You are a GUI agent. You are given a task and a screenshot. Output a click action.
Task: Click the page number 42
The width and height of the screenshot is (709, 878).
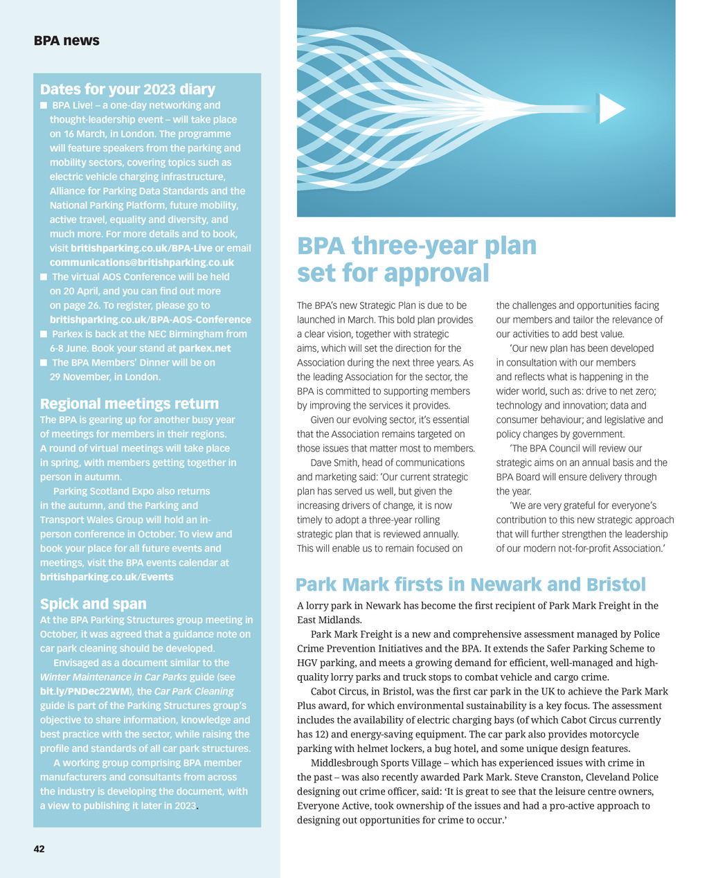[x=39, y=848]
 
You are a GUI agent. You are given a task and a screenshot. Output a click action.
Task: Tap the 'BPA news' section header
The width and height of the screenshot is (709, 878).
[x=66, y=41]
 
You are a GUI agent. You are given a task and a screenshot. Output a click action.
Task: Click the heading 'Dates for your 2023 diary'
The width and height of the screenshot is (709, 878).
[x=127, y=89]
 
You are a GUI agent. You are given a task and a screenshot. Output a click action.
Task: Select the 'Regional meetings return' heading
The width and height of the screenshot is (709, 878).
[x=129, y=404]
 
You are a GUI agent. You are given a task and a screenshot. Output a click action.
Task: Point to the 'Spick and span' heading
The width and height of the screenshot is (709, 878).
[x=93, y=604]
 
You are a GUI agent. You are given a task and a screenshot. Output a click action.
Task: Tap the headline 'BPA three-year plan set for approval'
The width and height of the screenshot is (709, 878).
[x=417, y=259]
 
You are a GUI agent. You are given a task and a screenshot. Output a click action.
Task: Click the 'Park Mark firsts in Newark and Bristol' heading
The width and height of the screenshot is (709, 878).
[x=471, y=584]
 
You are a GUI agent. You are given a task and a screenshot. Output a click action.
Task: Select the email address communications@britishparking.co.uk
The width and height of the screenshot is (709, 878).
[x=142, y=262]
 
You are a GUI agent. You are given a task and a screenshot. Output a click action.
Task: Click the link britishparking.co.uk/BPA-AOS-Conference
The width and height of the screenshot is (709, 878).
[x=150, y=320]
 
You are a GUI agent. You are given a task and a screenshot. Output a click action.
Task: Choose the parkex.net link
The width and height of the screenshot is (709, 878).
[x=205, y=348]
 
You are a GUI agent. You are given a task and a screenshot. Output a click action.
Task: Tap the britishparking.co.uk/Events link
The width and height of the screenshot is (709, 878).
[x=107, y=577]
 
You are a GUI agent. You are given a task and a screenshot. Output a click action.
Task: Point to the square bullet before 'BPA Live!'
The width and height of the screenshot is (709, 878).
[x=44, y=106]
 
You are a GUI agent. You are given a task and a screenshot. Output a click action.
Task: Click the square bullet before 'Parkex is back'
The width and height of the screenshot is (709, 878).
[x=44, y=334]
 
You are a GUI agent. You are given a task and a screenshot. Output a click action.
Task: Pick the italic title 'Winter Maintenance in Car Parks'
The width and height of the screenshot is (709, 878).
[x=114, y=677]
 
